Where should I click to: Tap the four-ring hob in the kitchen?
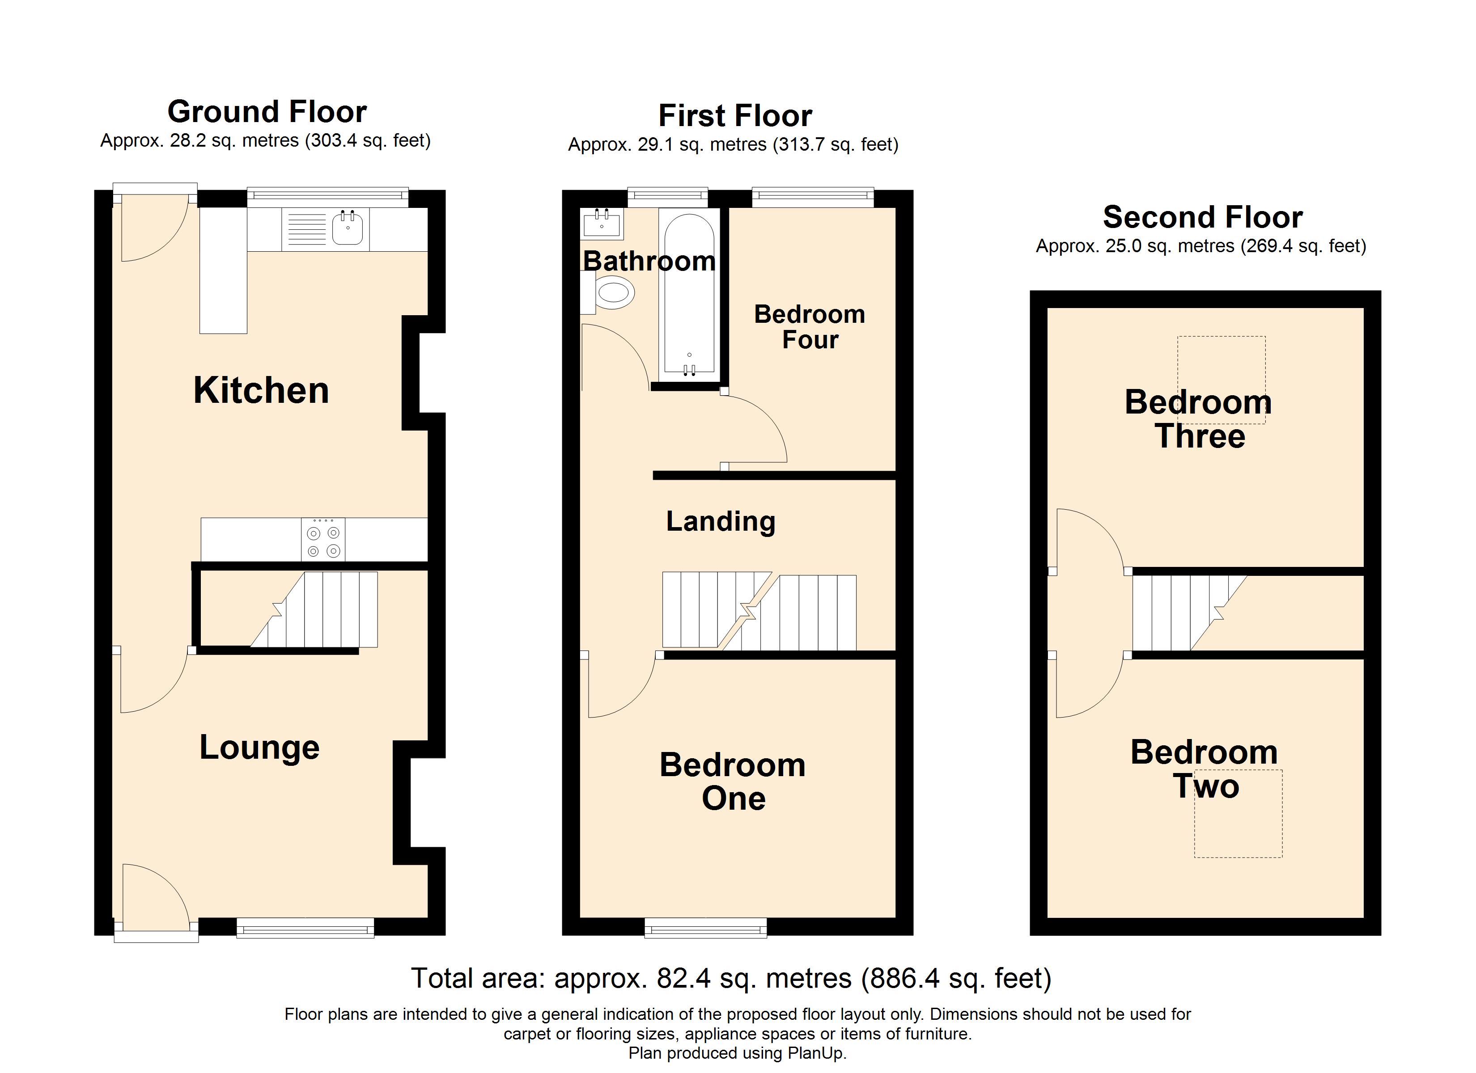[323, 540]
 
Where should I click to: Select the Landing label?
[721, 521]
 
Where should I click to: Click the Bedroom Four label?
[810, 327]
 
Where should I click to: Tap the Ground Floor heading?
[267, 112]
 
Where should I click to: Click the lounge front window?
[305, 928]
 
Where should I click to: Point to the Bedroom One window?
[705, 928]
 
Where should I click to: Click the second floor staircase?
[1178, 613]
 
